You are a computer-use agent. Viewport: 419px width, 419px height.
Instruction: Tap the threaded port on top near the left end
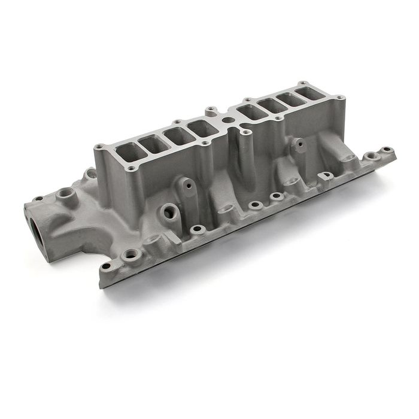[64, 194]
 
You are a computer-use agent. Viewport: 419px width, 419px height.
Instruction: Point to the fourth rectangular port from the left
[203, 127]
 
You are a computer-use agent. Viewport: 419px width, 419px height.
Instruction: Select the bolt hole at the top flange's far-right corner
[339, 97]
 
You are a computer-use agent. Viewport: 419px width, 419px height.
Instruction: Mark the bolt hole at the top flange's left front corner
[130, 169]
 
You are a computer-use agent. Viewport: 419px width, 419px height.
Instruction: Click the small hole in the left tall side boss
[188, 186]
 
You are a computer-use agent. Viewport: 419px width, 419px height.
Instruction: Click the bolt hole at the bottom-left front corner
[107, 266]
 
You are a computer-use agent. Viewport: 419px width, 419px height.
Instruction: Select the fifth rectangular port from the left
[252, 112]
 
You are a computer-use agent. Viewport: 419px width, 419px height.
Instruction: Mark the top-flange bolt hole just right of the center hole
[244, 128]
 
